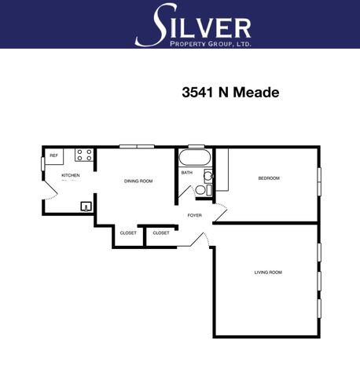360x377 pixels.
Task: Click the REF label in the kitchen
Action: tap(53, 156)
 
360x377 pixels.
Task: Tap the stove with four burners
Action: tap(84, 155)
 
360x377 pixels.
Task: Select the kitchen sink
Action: tap(86, 207)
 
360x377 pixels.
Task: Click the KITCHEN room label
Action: tap(71, 175)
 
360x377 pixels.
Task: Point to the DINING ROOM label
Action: tap(138, 181)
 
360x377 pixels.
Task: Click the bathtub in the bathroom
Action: tap(195, 158)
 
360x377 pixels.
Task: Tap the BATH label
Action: tap(187, 173)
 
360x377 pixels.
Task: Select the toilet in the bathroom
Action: tap(204, 190)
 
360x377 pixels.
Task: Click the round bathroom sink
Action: tap(209, 176)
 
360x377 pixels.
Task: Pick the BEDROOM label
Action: tap(269, 178)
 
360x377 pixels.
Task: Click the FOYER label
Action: tap(195, 215)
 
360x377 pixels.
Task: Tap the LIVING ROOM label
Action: tap(268, 273)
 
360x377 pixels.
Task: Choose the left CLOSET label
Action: tap(128, 232)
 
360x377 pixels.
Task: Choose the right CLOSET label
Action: tap(161, 232)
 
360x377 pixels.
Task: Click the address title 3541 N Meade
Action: tap(230, 92)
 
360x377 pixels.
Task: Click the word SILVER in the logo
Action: tap(193, 25)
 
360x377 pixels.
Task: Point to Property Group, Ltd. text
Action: tap(211, 44)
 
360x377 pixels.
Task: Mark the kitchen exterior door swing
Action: tap(51, 190)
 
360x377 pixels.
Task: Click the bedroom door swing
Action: tap(221, 212)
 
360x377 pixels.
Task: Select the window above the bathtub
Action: tap(197, 146)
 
